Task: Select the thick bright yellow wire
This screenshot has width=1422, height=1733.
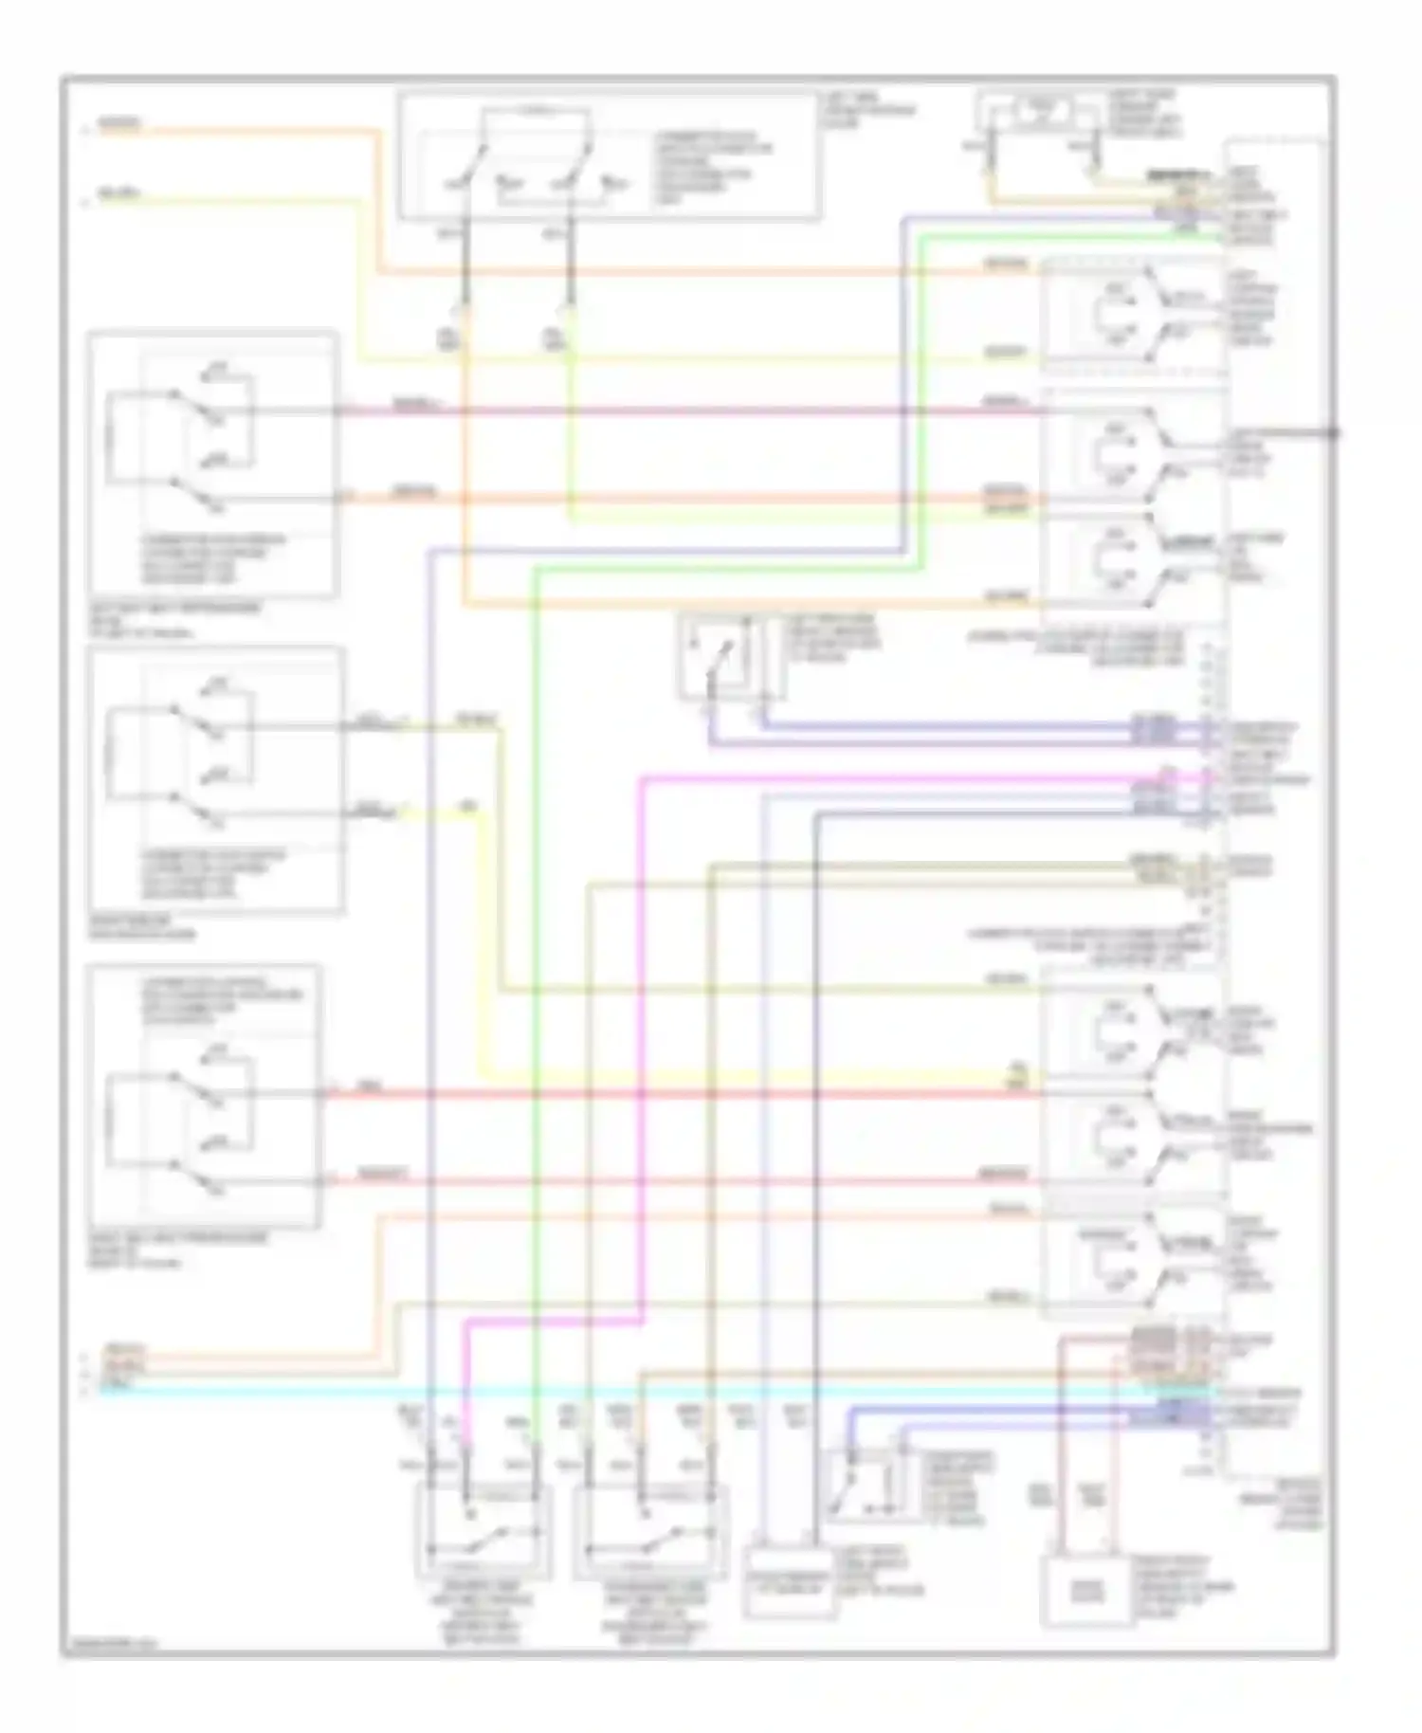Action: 490,948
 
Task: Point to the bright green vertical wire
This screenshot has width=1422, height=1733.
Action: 536,948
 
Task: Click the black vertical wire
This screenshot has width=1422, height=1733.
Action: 814,1138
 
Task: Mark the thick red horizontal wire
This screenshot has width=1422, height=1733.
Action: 664,1094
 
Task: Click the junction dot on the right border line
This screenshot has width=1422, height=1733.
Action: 1333,432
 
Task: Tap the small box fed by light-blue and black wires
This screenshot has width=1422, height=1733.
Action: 790,1580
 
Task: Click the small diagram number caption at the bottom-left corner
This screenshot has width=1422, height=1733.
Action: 109,1642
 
